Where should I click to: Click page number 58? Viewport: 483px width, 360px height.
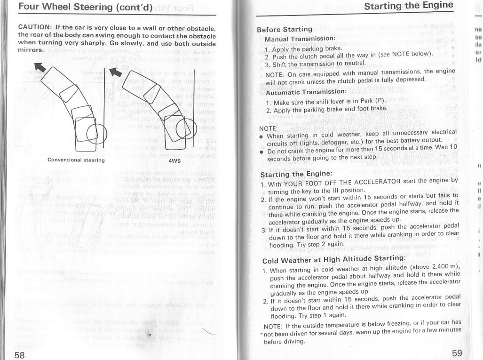pos(19,354)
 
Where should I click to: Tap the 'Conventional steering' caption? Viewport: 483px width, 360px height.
pos(76,160)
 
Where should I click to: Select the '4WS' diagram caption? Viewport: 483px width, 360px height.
pos(174,160)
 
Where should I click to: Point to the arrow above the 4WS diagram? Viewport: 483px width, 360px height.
pos(115,71)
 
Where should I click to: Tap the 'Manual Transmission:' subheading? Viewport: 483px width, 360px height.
pos(299,39)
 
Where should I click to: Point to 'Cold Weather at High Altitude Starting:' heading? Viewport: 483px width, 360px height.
pos(333,259)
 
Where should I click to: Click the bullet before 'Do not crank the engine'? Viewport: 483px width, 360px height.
pos(261,152)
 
